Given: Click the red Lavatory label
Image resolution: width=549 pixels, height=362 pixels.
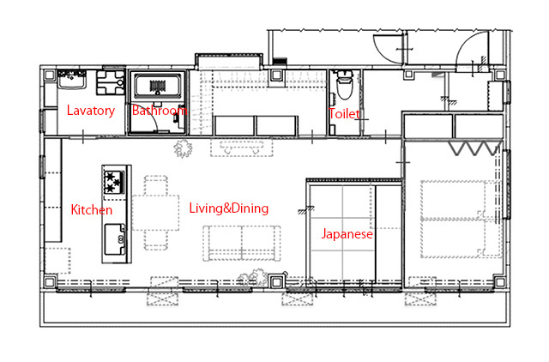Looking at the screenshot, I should click(x=90, y=111).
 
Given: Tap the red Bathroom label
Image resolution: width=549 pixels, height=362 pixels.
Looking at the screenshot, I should click(x=159, y=111).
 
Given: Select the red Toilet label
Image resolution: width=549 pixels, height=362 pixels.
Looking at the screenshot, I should click(x=345, y=113).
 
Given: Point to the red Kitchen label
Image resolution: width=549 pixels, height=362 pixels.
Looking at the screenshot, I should click(x=91, y=209).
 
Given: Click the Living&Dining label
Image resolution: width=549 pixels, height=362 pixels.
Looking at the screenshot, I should click(x=228, y=208).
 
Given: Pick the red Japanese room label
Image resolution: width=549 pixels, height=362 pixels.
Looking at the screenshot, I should click(x=347, y=233).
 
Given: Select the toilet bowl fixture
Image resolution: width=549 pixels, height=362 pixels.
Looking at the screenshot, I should click(x=345, y=87).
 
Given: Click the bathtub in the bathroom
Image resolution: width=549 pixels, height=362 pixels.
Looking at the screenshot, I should click(x=158, y=87).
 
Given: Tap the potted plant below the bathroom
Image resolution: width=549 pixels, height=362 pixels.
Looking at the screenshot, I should click(x=182, y=149).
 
